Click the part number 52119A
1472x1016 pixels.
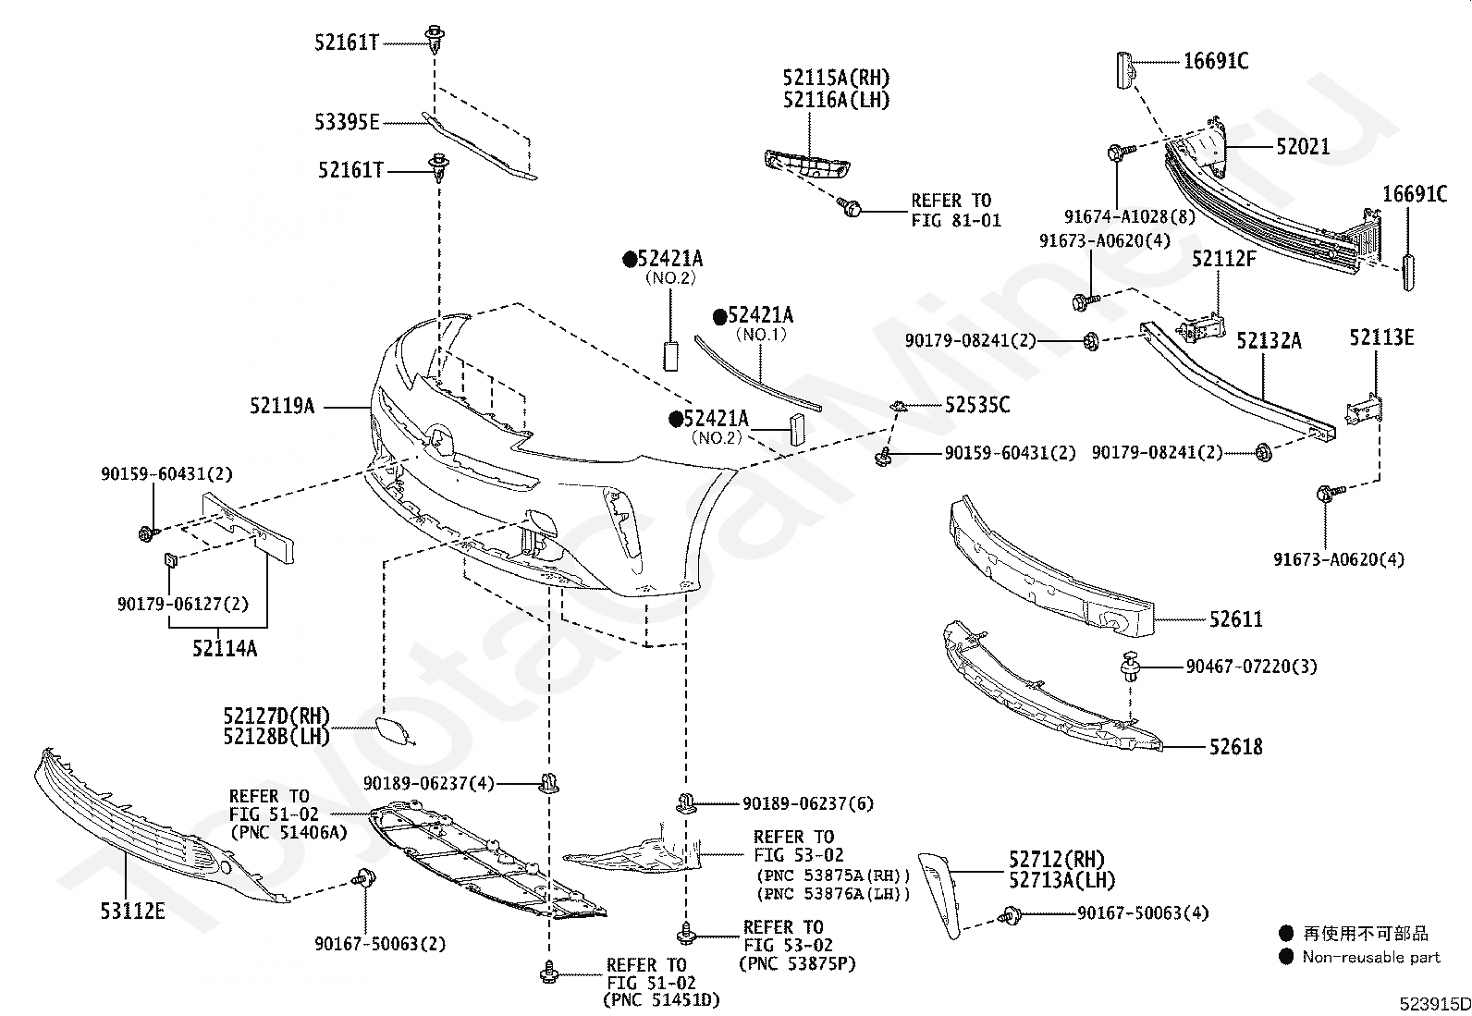pyautogui.click(x=282, y=406)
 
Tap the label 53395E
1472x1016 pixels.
pyautogui.click(x=347, y=122)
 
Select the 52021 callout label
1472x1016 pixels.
pyautogui.click(x=1303, y=146)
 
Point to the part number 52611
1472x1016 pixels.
pyautogui.click(x=1236, y=619)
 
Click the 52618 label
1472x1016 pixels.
pyautogui.click(x=1236, y=747)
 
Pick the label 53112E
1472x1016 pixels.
pyautogui.click(x=133, y=911)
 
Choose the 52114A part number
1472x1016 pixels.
pyautogui.click(x=225, y=649)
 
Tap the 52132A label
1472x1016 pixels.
pyautogui.click(x=1269, y=340)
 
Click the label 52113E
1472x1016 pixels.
pyautogui.click(x=1382, y=337)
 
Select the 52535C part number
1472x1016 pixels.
pyautogui.click(x=977, y=405)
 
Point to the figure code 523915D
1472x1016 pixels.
pyautogui.click(x=1435, y=1004)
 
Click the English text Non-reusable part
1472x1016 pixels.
pyautogui.click(x=1371, y=957)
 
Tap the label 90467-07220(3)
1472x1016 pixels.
pyautogui.click(x=1252, y=667)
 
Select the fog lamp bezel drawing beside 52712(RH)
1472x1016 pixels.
pyautogui.click(x=939, y=896)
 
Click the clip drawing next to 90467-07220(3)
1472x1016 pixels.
pyautogui.click(x=1130, y=667)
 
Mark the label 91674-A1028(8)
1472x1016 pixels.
pyautogui.click(x=1130, y=216)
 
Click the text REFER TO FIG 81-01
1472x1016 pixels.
pyautogui.click(x=956, y=210)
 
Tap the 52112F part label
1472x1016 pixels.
pyautogui.click(x=1223, y=258)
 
